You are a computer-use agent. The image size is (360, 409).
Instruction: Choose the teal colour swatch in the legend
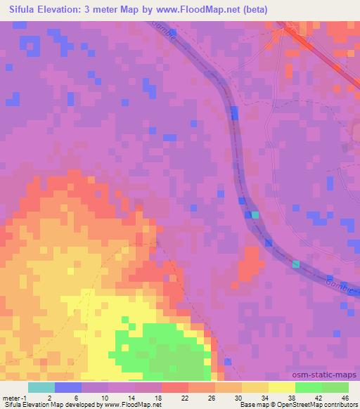(41, 387)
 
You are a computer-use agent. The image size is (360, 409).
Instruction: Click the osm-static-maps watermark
(330, 375)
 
